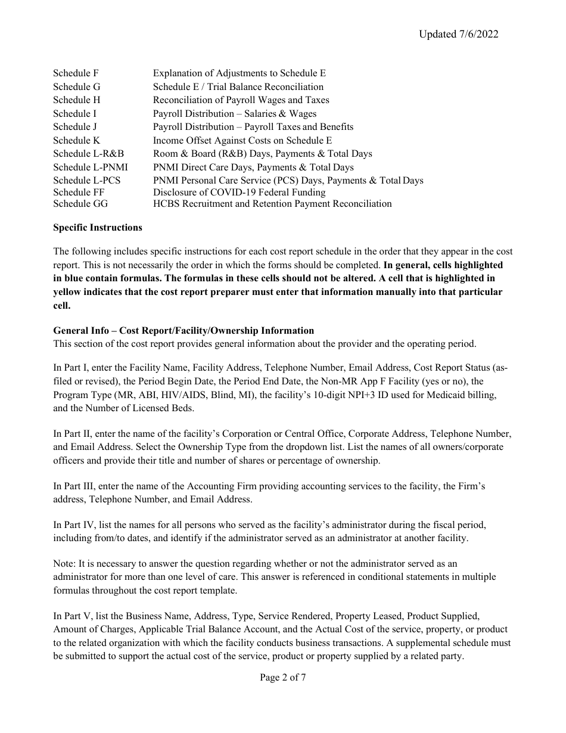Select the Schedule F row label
(x=76, y=73)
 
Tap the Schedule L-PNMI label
(x=90, y=167)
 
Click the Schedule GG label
(x=80, y=204)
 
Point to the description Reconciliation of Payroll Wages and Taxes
(x=241, y=100)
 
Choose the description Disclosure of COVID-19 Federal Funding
(x=239, y=192)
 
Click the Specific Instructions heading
(x=98, y=228)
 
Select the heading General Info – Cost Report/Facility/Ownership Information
(x=184, y=331)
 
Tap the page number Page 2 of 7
(x=283, y=678)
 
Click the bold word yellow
(x=68, y=292)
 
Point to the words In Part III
(x=75, y=486)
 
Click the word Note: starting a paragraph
(x=64, y=564)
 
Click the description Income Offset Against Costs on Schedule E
(x=242, y=141)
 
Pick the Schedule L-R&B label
(x=88, y=154)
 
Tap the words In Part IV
(x=75, y=525)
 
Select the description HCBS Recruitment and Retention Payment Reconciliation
(x=272, y=204)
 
